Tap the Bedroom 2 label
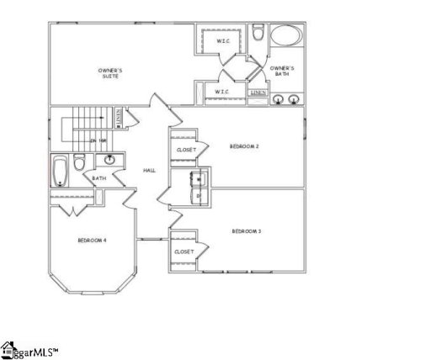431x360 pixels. point(244,146)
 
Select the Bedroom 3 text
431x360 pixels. point(246,230)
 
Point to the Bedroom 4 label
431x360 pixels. point(92,241)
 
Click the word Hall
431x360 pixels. point(149,171)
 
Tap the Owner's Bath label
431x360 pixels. point(282,70)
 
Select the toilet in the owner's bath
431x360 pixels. point(258,34)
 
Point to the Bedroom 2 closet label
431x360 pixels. point(186,150)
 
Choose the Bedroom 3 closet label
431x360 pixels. point(184,251)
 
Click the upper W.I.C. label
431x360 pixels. point(223,40)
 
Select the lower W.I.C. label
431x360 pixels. point(222,92)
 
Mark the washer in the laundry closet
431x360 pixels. point(198,177)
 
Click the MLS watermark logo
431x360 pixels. point(29,349)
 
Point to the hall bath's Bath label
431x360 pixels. point(99,178)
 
